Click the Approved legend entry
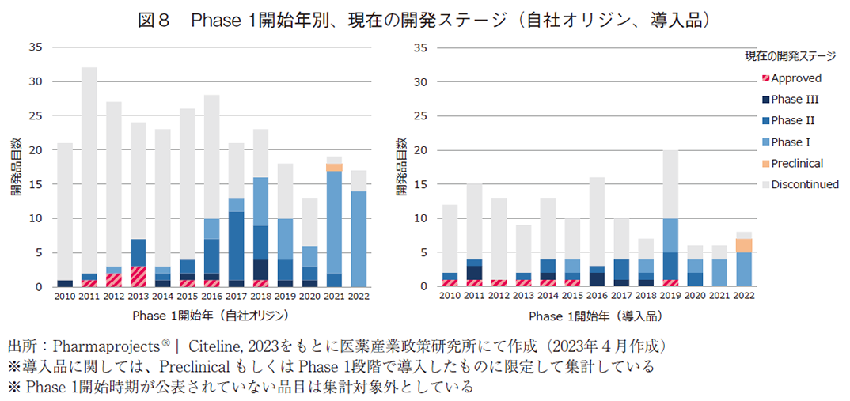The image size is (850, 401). coord(795,78)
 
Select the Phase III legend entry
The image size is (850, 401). coord(794,100)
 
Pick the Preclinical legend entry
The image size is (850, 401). coord(796,163)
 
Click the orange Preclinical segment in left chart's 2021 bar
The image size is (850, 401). coord(334,168)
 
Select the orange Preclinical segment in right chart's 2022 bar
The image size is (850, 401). coord(744,245)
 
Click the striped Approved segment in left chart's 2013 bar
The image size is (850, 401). coord(139,276)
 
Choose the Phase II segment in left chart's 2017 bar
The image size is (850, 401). coord(236,245)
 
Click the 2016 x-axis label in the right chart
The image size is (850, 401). coord(597,295)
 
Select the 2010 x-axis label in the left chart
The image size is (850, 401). coord(65,295)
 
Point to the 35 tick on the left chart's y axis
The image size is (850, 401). coord(37,47)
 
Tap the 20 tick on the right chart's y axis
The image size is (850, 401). coord(421,150)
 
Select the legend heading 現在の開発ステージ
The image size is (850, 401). coord(789,56)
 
